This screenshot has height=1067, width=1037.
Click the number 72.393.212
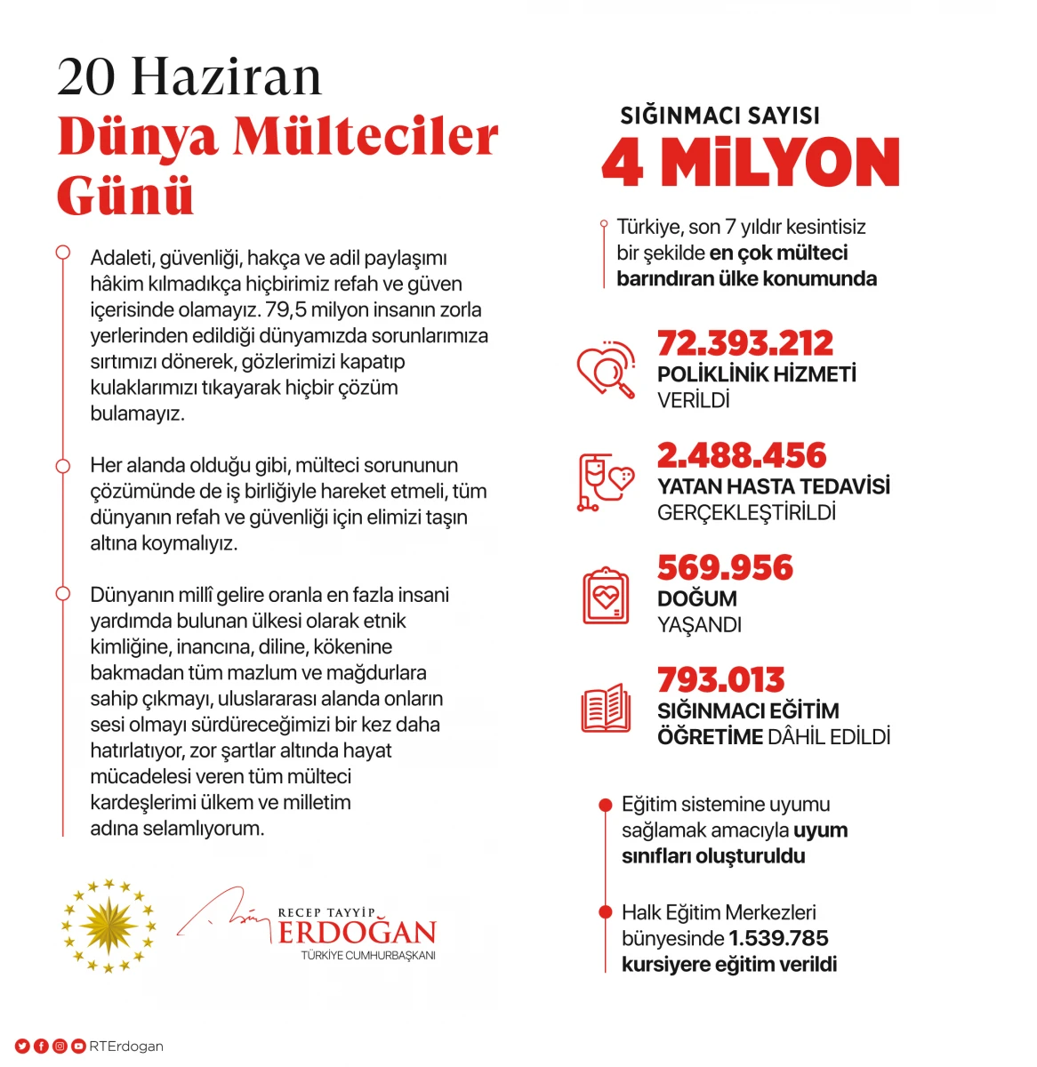[x=744, y=343]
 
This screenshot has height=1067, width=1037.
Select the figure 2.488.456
[x=741, y=455]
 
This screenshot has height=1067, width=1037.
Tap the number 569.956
[x=725, y=567]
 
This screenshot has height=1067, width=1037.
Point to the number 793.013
[x=720, y=680]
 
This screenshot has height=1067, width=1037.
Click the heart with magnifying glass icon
[x=606, y=369]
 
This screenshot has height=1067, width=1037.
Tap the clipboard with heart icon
[x=606, y=596]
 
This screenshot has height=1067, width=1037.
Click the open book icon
[x=606, y=709]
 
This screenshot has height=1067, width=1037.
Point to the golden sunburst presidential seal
[x=109, y=925]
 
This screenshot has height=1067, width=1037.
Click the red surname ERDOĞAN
[x=357, y=933]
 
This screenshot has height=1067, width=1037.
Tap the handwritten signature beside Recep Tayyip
[x=222, y=914]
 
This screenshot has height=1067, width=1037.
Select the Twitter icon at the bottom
[x=21, y=1047]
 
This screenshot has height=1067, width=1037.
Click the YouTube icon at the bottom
[x=78, y=1047]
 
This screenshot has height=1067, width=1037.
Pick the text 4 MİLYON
[x=751, y=164]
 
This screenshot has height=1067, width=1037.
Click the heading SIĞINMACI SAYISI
[x=719, y=116]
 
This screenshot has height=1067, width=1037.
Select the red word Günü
[x=125, y=196]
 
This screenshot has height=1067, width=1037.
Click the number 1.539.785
[x=778, y=938]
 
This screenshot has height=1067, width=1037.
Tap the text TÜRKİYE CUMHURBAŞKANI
[x=368, y=956]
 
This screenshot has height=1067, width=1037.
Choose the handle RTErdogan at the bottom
[x=126, y=1047]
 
